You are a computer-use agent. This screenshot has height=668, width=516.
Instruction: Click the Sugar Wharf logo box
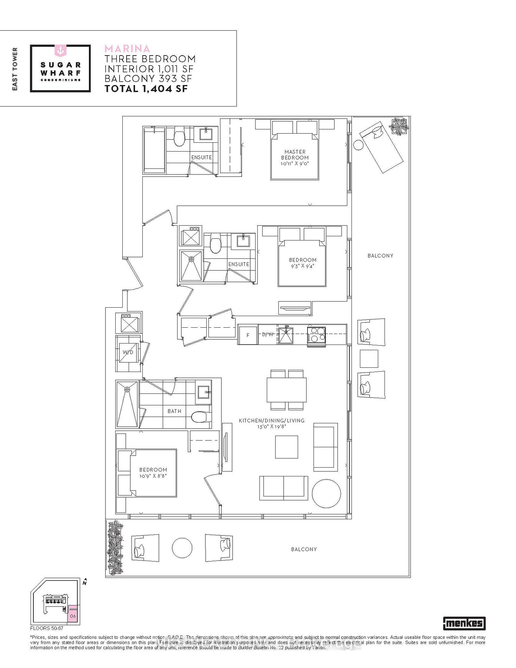click(x=60, y=69)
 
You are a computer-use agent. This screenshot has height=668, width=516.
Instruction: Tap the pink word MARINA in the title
click(x=127, y=49)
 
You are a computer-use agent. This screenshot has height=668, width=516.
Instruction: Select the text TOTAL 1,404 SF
click(x=146, y=89)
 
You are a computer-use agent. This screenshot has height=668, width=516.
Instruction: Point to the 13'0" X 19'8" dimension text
click(x=272, y=426)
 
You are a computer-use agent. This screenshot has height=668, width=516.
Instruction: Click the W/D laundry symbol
click(x=128, y=352)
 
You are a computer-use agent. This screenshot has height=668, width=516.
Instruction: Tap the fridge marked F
click(x=247, y=335)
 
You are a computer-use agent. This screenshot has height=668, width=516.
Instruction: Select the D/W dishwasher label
click(x=267, y=334)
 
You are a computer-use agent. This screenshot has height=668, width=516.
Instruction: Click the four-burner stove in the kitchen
click(x=316, y=335)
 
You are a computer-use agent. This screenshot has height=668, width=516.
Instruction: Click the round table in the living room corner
click(x=326, y=493)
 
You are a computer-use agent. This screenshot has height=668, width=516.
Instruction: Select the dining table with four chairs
click(x=286, y=390)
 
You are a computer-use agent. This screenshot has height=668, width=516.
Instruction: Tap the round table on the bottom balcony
click(x=182, y=548)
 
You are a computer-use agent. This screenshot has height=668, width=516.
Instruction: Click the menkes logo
click(x=464, y=623)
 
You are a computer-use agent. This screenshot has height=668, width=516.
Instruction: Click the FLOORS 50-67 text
click(x=46, y=628)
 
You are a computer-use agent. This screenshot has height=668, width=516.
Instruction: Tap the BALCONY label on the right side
click(x=380, y=256)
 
